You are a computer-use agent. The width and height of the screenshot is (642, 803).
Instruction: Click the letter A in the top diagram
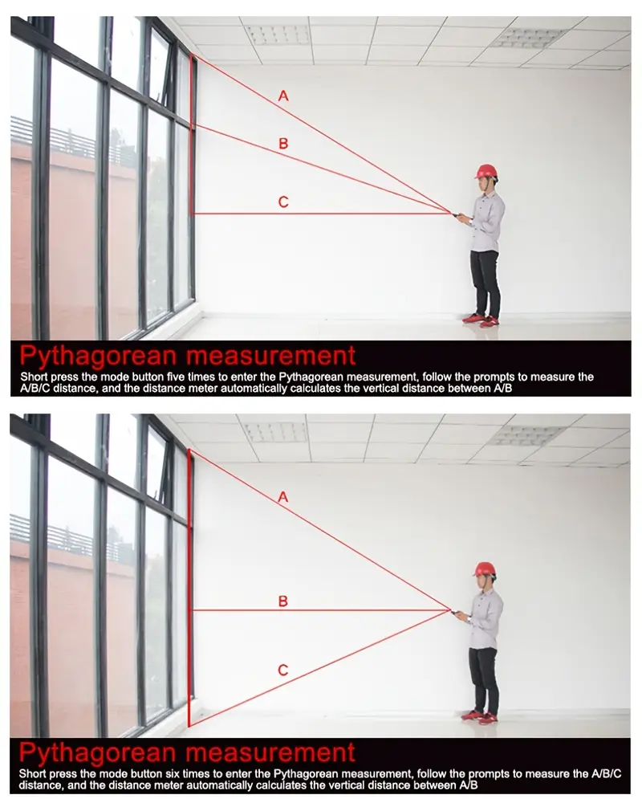(x=283, y=96)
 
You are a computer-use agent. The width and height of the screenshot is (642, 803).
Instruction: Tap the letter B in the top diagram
(x=283, y=144)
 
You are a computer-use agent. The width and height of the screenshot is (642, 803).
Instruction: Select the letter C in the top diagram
(x=283, y=202)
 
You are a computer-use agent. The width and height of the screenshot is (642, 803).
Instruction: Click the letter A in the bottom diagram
(x=283, y=497)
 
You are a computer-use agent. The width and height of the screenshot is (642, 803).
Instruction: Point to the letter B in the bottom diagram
(x=283, y=601)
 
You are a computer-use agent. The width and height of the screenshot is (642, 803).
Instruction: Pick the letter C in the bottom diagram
(x=283, y=670)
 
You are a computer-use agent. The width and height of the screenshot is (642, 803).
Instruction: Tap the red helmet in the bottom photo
(x=485, y=569)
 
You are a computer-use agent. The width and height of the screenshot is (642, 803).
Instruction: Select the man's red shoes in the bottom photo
(x=479, y=715)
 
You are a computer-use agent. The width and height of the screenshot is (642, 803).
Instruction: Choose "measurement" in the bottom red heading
(x=270, y=752)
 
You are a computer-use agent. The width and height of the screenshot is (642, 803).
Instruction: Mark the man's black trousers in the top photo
(x=485, y=283)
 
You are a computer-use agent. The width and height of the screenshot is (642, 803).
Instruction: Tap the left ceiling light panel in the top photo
(x=278, y=35)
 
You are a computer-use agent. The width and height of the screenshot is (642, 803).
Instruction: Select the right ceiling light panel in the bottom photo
(x=528, y=434)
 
